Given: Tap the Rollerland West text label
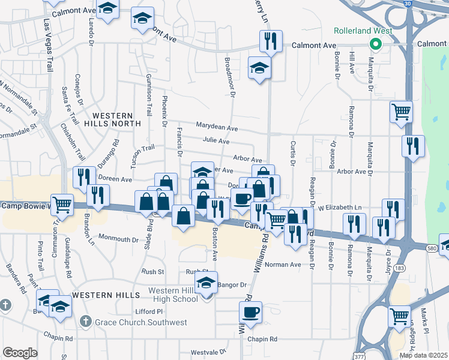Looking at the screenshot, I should [x=364, y=31].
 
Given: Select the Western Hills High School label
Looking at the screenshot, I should [x=173, y=295].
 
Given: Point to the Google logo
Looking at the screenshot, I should [x=20, y=352].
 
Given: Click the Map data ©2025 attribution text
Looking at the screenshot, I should [x=423, y=355].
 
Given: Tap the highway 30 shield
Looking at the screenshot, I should [x=408, y=4].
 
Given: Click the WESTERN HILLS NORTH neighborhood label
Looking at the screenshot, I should [x=116, y=119].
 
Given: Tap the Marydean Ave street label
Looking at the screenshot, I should [x=217, y=128].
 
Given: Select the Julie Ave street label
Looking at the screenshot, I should [x=216, y=141].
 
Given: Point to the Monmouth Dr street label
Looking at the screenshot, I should [x=118, y=239].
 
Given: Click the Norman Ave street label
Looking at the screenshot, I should [x=283, y=265].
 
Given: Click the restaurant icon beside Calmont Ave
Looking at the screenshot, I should [x=270, y=41].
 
